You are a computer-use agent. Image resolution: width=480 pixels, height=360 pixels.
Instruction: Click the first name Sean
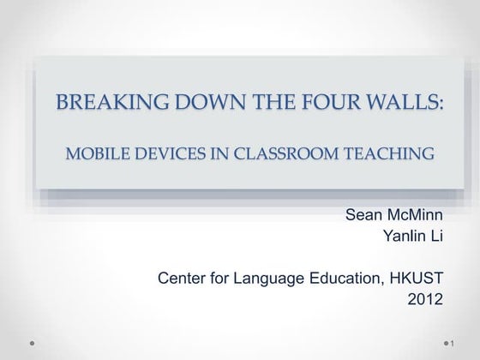click(363, 214)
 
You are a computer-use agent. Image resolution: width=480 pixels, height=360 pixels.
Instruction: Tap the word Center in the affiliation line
click(182, 278)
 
